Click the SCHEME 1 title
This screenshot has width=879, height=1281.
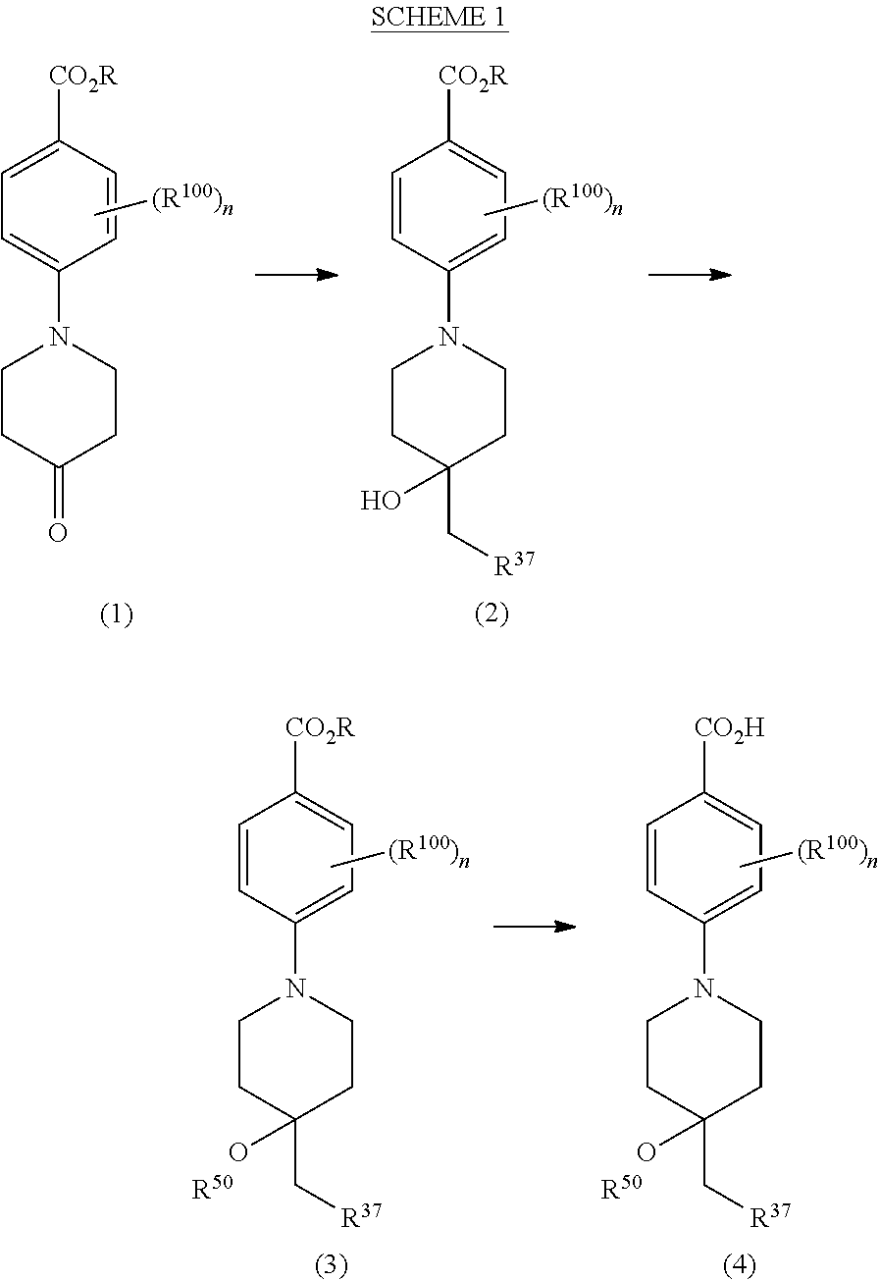tap(439, 20)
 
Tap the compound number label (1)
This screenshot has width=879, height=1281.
tap(116, 614)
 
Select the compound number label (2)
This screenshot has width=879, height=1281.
tap(491, 614)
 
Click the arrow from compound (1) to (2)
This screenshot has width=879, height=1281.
tap(296, 275)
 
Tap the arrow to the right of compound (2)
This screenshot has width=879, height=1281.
tap(690, 275)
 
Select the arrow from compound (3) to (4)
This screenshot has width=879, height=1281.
tap(534, 926)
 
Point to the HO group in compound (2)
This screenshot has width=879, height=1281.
tap(381, 502)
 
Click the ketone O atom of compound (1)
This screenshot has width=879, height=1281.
tap(59, 532)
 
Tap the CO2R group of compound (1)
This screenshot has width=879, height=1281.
tap(84, 77)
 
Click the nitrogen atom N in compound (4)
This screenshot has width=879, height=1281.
tap(703, 988)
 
